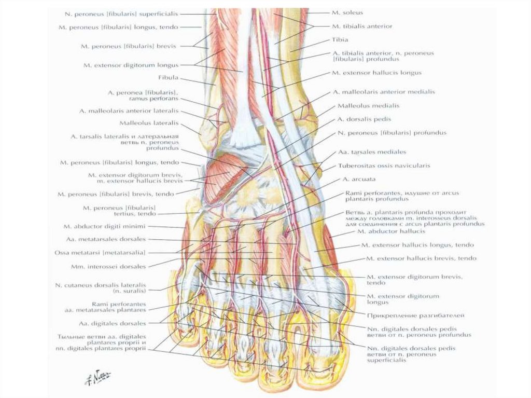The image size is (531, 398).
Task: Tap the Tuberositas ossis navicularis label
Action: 384,166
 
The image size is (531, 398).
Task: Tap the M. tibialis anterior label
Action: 362,26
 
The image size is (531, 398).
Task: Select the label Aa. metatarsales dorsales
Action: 106,239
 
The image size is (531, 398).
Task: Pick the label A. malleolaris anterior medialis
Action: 383,92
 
